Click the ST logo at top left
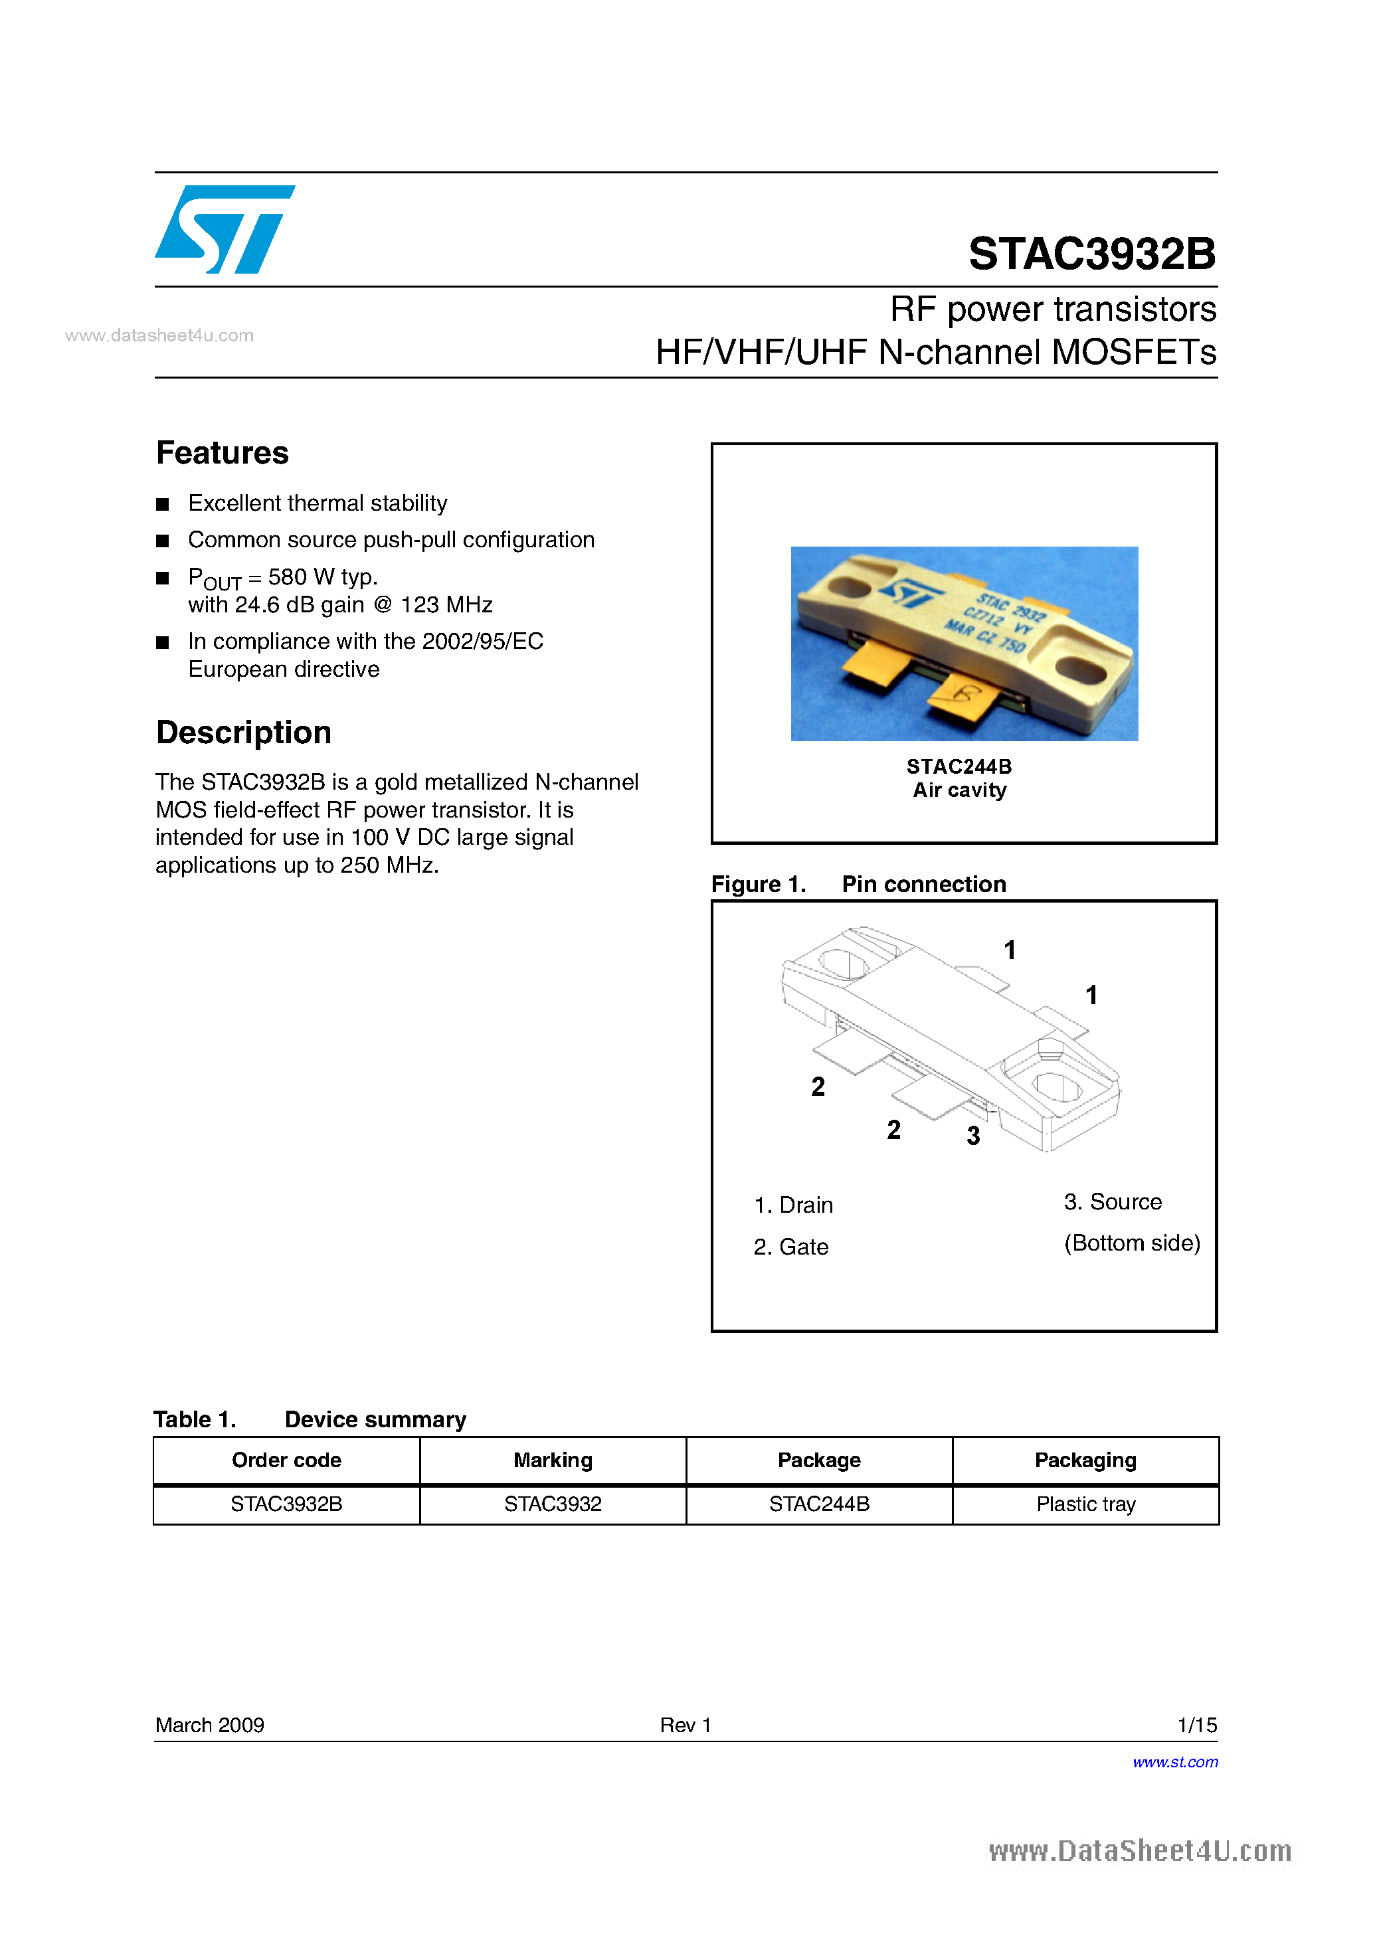[224, 229]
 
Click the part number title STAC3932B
[1091, 253]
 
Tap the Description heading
[244, 733]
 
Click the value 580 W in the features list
[301, 577]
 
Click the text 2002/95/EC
[482, 641]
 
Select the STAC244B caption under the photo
[959, 766]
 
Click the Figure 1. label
[758, 884]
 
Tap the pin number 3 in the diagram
[973, 1136]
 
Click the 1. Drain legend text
[792, 1204]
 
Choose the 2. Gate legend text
[791, 1247]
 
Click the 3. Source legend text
[1113, 1202]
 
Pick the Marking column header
[553, 1460]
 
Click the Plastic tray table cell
[1085, 1504]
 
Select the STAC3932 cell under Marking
[553, 1504]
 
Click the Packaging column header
[1085, 1460]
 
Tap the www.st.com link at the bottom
[1175, 1762]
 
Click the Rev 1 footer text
[686, 1725]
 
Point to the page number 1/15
[1196, 1725]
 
